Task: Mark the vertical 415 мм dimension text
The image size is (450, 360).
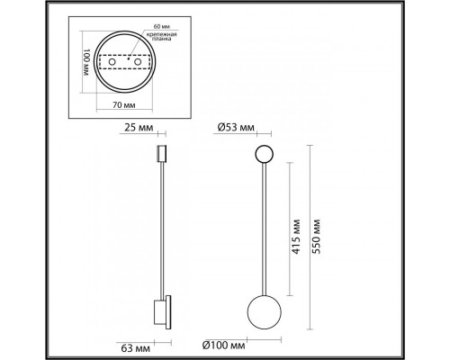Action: (295, 237)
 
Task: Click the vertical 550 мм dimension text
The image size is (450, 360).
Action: (315, 237)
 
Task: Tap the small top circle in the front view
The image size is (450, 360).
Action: (265, 154)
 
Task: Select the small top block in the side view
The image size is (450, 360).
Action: (163, 154)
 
